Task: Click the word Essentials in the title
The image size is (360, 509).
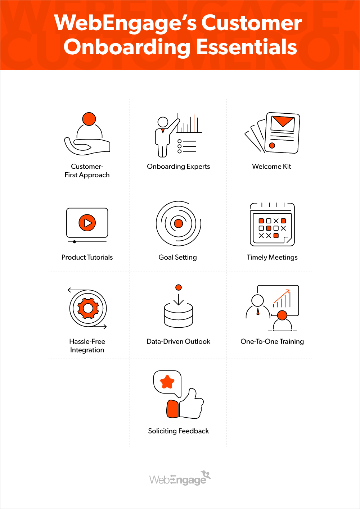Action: tap(247, 47)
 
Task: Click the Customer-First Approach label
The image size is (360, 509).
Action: tap(87, 171)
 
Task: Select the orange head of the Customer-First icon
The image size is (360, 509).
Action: tap(89, 119)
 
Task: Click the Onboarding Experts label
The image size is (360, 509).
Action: tap(178, 167)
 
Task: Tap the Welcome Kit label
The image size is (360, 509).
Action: tap(271, 167)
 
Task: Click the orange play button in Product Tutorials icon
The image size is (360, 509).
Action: tap(87, 223)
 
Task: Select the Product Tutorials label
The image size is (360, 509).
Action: tap(87, 257)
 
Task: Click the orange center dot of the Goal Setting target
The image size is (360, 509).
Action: tap(179, 224)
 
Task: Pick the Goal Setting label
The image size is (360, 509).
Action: tap(178, 257)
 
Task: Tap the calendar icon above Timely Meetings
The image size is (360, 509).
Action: tap(272, 224)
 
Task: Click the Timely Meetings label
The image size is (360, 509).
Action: tap(272, 257)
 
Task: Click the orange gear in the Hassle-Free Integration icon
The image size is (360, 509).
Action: tap(88, 308)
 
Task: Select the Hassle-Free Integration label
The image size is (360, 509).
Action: tap(87, 346)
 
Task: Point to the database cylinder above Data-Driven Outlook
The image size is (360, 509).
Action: tap(179, 315)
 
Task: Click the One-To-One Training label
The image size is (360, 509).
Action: tap(272, 341)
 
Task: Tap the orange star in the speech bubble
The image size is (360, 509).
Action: tap(167, 382)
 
